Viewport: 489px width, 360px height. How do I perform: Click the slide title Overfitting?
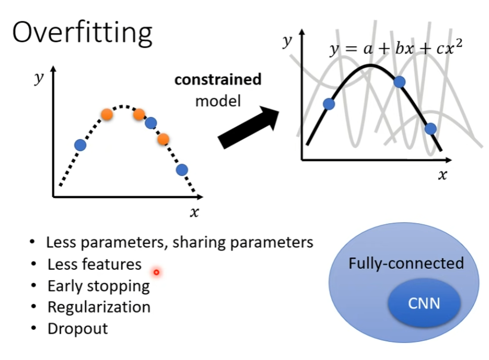(x=82, y=32)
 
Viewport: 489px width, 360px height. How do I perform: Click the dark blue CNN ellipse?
(x=424, y=304)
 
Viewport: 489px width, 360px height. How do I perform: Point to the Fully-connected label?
(x=406, y=263)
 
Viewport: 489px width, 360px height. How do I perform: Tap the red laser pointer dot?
(x=156, y=273)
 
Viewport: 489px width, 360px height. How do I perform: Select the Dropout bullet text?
(x=77, y=328)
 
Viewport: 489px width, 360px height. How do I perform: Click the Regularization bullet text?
(x=99, y=307)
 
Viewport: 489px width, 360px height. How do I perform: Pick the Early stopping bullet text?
(x=98, y=285)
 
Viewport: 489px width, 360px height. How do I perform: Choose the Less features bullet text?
(x=94, y=264)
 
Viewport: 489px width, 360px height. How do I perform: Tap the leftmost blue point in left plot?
(x=80, y=144)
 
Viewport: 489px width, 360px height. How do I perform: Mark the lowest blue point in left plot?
(x=182, y=170)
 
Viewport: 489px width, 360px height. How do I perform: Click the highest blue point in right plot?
(x=399, y=82)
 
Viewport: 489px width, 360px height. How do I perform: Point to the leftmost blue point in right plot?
(x=330, y=104)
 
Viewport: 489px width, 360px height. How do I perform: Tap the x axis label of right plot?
(x=442, y=175)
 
